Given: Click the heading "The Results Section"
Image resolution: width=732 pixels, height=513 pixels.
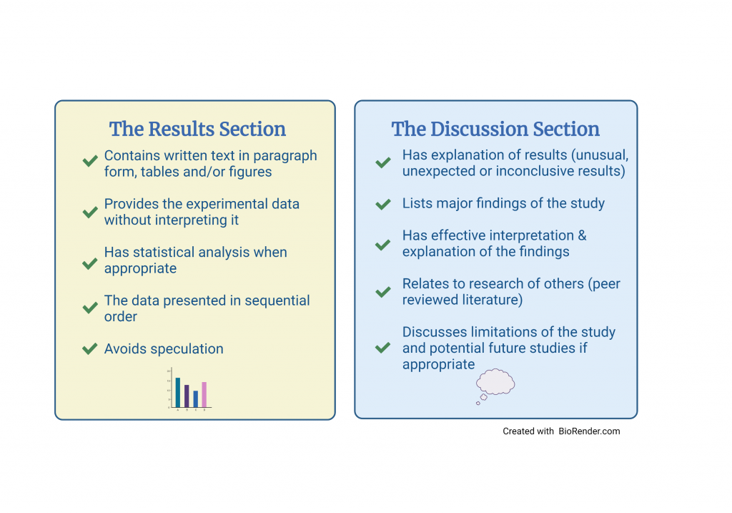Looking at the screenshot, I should point(197,130).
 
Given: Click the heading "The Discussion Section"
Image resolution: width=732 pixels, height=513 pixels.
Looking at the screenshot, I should point(495,130).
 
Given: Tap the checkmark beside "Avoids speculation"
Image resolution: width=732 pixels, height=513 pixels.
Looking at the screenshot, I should point(90,349).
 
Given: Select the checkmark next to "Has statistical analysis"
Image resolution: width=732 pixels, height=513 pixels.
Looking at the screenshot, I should point(90,263).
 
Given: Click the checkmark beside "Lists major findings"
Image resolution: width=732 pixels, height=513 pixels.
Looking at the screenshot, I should point(383,205).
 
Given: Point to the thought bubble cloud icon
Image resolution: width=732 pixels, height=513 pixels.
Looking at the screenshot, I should point(495,382).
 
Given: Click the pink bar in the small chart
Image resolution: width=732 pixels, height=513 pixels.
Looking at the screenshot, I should point(204,394).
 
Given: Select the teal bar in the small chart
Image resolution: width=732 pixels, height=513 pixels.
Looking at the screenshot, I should point(178,392).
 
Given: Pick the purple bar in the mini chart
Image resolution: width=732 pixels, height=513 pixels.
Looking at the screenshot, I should point(187,396).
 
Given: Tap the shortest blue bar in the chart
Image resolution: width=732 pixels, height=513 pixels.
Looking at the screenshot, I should point(195,399).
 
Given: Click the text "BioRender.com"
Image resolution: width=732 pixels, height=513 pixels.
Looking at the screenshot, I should point(590,431).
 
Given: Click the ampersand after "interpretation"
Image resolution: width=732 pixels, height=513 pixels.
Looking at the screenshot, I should point(581,235).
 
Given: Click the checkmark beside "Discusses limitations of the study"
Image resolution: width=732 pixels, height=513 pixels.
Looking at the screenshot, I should point(383,348).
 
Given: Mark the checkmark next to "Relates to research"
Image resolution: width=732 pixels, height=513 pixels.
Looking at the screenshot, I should point(383,292).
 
